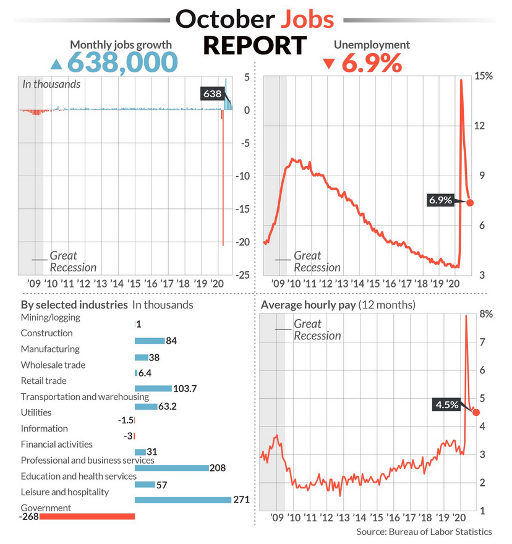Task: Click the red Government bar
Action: coord(87,516)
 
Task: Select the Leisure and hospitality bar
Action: coord(182,500)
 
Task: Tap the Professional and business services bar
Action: coord(171,468)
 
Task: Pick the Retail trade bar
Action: coord(153,388)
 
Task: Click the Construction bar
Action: coord(149,341)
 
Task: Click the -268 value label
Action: coord(28,516)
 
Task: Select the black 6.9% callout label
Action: coord(441,200)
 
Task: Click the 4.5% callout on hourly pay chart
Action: coord(447,405)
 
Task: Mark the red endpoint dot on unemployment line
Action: coord(471,202)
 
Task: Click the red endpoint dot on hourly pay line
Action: coord(476,412)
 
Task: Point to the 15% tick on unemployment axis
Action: coord(484,76)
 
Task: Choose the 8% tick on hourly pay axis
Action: coord(486,314)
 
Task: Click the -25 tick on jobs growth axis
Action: coord(242,274)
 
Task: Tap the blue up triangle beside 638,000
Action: coord(56,64)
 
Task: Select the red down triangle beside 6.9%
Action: coord(328,64)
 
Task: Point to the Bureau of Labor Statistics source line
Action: coord(424,532)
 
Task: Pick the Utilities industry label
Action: coord(36,412)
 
